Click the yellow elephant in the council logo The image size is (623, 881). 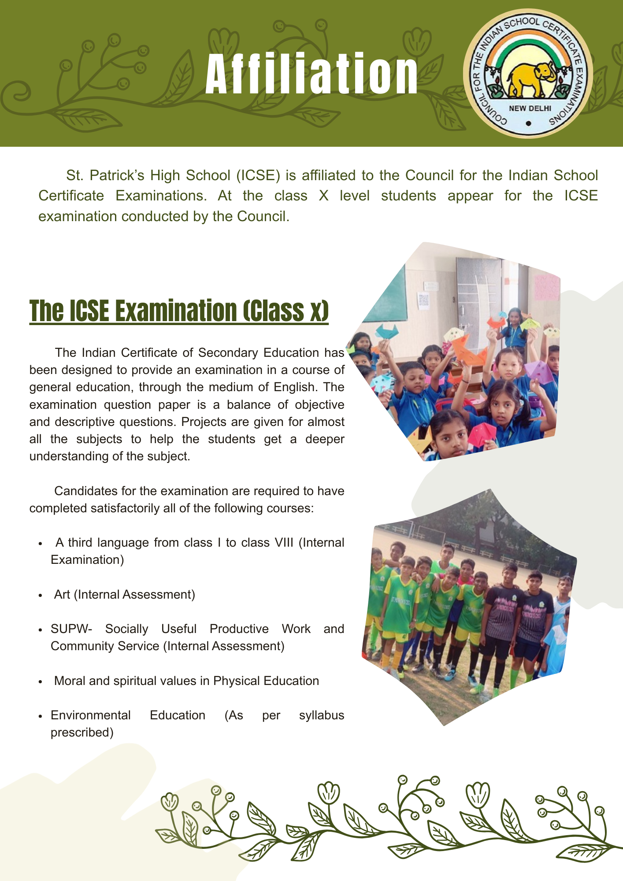(529, 79)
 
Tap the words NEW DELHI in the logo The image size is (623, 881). (530, 108)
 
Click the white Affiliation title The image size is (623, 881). (311, 74)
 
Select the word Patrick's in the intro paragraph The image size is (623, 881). (116, 175)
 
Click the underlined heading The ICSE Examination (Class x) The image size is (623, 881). (179, 311)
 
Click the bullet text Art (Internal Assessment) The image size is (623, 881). (124, 594)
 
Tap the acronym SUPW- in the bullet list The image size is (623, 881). (71, 629)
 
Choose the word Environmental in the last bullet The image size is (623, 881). (90, 715)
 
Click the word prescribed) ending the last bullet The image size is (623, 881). (82, 732)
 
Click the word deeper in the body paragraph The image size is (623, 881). (325, 439)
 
